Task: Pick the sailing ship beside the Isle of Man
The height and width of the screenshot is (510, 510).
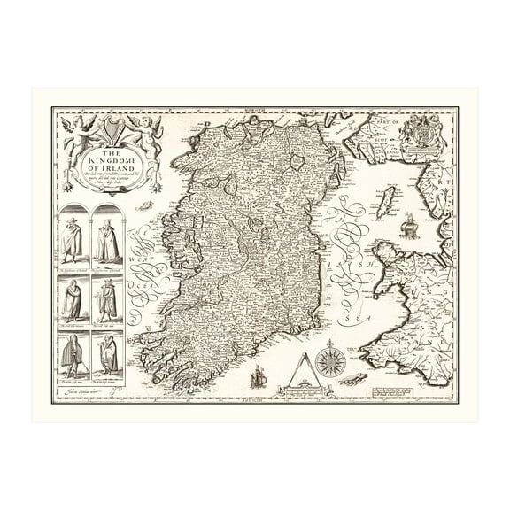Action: tap(408, 227)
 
